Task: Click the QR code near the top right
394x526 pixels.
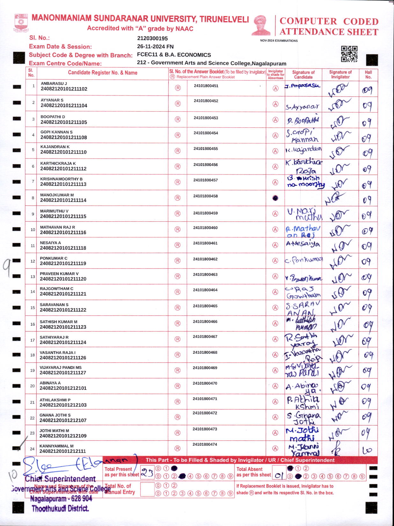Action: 349,54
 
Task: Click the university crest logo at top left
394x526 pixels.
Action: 21,22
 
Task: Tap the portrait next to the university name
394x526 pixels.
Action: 261,25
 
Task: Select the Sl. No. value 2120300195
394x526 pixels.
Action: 152,39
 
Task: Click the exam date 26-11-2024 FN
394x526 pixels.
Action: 155,46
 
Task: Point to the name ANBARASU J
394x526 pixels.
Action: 54,83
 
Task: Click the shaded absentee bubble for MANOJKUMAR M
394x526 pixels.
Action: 275,198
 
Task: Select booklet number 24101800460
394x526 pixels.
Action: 205,228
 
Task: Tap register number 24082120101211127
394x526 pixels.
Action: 63,373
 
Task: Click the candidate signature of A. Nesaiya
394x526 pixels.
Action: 303,244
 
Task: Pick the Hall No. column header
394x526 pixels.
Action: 368,75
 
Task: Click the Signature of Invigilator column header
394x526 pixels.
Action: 340,75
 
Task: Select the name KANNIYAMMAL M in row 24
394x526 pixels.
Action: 56,446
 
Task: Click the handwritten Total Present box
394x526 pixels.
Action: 147,473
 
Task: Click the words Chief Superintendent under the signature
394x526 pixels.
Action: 60,479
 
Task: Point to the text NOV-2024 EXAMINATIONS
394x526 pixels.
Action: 279,41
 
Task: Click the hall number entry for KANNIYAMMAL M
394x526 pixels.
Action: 367,450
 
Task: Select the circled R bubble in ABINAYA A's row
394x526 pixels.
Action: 178,386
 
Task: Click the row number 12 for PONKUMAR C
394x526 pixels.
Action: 33,261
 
